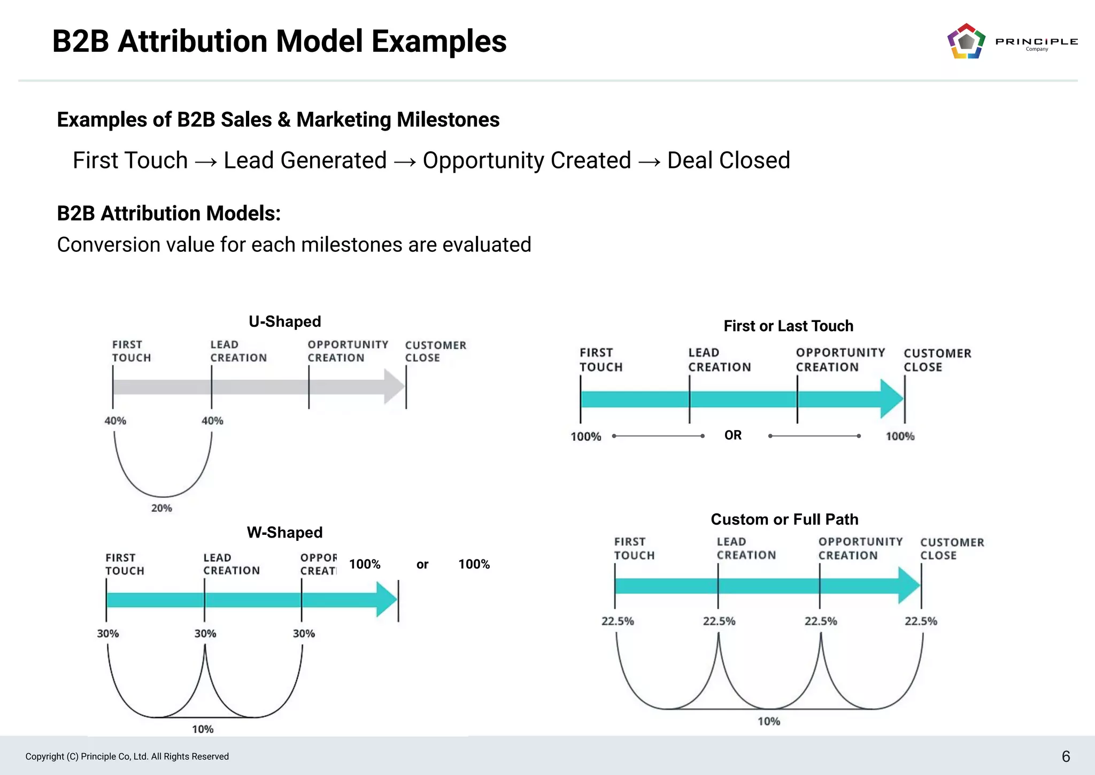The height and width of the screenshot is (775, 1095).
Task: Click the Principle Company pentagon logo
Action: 966,41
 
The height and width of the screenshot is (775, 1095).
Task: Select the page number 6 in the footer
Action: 1066,756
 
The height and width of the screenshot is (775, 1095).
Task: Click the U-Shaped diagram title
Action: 284,321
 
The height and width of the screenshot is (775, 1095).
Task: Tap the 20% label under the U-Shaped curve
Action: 161,508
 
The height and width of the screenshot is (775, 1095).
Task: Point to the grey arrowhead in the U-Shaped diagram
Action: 395,387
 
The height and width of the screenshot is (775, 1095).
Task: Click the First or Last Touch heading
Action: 788,326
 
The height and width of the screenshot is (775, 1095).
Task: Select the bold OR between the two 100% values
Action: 733,435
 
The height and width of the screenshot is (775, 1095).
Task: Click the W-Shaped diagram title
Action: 284,532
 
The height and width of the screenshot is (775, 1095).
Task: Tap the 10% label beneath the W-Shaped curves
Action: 203,729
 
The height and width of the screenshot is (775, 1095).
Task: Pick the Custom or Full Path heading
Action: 784,519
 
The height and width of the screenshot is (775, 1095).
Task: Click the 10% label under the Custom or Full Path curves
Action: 769,722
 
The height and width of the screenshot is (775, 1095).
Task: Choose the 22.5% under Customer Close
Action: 921,621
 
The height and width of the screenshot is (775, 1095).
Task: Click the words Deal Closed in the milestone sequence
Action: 728,160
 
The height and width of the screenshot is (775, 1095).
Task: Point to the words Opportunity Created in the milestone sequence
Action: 527,160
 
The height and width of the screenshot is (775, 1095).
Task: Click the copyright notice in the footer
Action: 127,756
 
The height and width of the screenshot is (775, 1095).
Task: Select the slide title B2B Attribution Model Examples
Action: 279,41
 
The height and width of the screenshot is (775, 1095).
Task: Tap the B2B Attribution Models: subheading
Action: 168,213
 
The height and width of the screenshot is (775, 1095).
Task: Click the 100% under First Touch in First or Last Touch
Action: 585,436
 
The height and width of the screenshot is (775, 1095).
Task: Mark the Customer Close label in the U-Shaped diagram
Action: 435,351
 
